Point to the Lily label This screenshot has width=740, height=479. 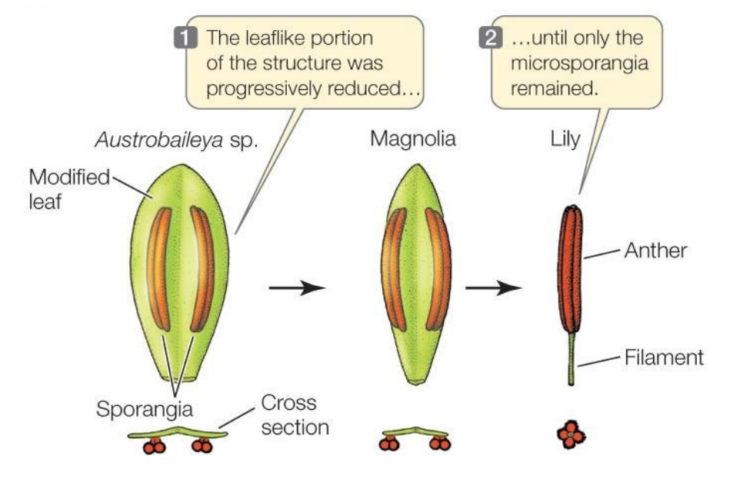tap(566, 140)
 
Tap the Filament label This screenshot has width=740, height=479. tap(664, 357)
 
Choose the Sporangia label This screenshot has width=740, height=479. tap(144, 408)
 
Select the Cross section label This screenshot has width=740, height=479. tap(294, 414)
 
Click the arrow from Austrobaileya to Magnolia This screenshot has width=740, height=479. tap(297, 288)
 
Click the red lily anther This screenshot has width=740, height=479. tap(570, 269)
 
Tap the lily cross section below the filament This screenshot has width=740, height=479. tap(570, 435)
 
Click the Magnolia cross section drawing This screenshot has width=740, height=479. tap(415, 437)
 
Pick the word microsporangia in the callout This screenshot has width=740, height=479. tap(579, 63)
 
